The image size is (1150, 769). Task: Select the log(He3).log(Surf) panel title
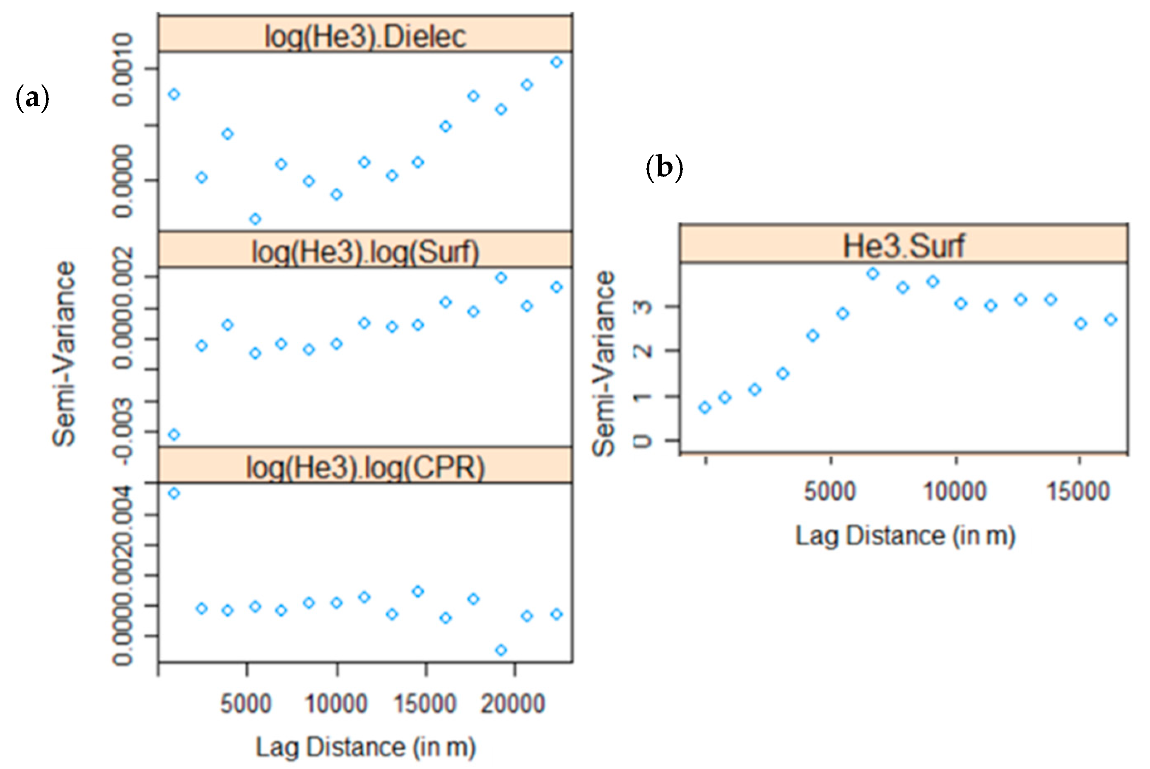pos(365,251)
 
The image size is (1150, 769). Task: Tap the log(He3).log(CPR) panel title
pos(365,467)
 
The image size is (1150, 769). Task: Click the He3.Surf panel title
pos(904,246)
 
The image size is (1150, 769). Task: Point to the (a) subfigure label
pos(32,98)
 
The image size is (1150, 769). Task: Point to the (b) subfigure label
pos(664,168)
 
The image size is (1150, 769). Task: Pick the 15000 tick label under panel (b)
pos(1078,491)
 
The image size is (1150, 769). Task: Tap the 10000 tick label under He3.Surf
pos(955,491)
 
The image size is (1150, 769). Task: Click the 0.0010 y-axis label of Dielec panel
pos(123,70)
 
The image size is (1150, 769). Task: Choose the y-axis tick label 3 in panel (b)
pos(643,307)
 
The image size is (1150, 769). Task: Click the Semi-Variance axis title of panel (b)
pos(603,363)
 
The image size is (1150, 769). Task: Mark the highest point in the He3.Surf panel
pos(873,273)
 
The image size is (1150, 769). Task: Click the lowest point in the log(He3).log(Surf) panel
pos(174,435)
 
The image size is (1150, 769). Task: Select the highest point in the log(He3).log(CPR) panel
pos(174,493)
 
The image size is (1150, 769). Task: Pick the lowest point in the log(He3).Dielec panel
pos(255,219)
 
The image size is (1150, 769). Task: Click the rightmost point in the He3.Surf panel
pos(1111,320)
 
